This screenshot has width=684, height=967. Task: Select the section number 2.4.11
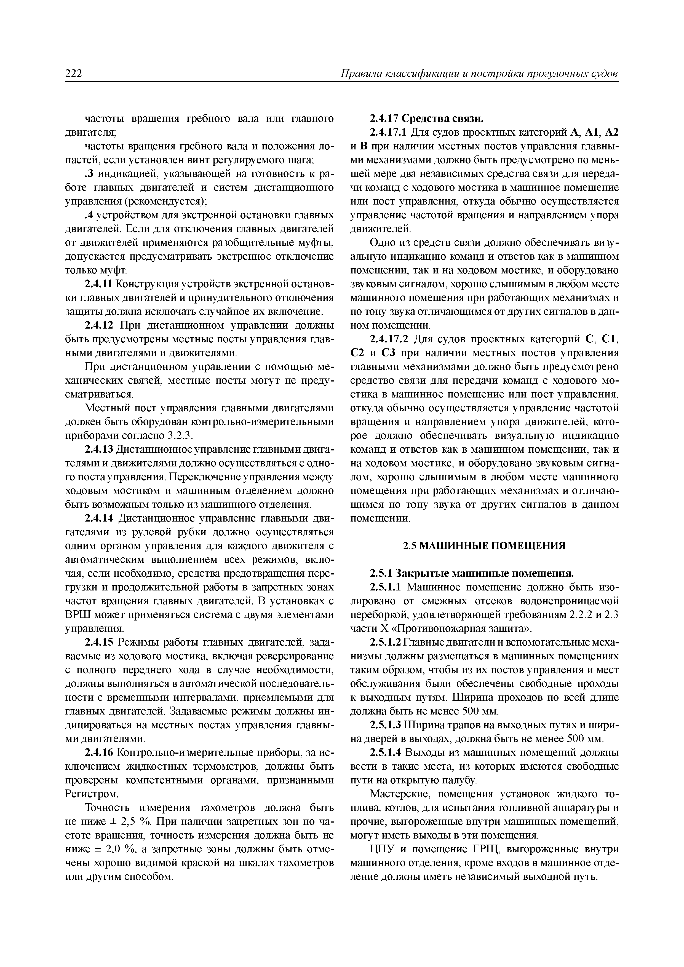[x=99, y=284]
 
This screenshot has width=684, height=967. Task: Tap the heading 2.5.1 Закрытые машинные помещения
[x=472, y=574]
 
